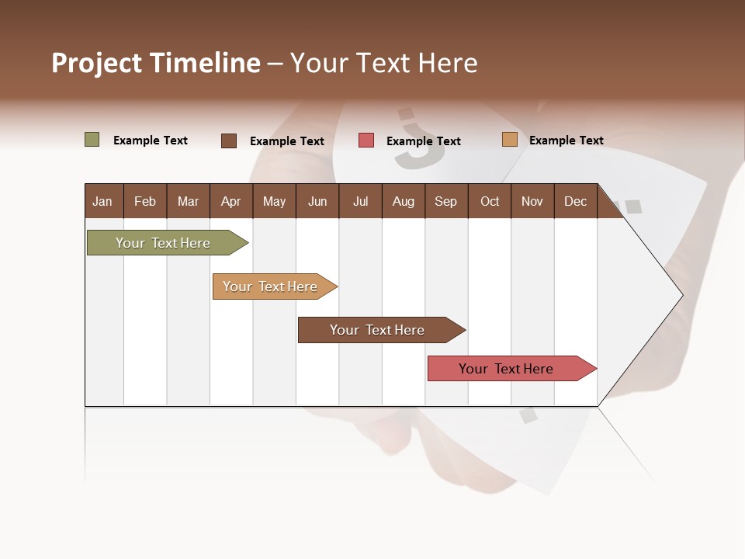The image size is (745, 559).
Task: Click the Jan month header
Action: point(102,201)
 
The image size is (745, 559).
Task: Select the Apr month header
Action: point(230,201)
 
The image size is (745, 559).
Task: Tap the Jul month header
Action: point(360,201)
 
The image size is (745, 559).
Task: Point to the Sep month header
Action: point(445,201)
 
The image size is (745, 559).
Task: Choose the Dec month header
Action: point(575,201)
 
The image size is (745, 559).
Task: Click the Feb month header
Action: point(145,201)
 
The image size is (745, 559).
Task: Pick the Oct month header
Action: point(490,201)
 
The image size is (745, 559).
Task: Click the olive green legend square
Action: point(92,140)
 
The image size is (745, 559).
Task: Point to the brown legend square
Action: point(229,141)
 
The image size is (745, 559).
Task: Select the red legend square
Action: point(366,141)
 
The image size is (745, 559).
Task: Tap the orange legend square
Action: point(509,140)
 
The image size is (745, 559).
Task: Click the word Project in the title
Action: point(97,63)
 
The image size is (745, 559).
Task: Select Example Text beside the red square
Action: point(423,141)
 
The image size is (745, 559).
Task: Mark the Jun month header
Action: point(317,201)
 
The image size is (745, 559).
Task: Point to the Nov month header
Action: point(532,201)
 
